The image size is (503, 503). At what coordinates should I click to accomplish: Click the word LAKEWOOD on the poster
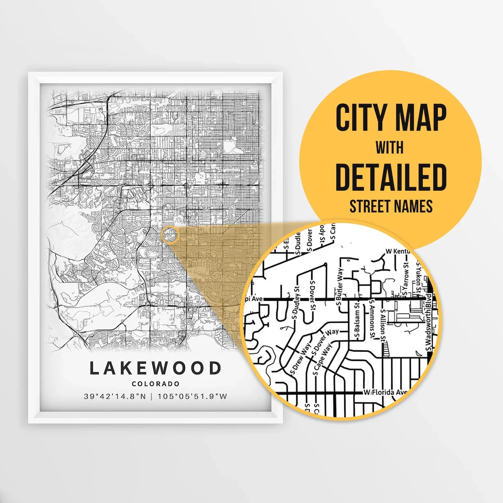pyautogui.click(x=156, y=368)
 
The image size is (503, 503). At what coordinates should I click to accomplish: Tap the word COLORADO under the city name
pyautogui.click(x=156, y=384)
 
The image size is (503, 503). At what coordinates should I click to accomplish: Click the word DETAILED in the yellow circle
pyautogui.click(x=391, y=177)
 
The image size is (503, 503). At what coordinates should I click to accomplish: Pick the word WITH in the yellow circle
pyautogui.click(x=390, y=148)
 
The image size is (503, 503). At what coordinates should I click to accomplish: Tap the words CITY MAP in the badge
pyautogui.click(x=391, y=118)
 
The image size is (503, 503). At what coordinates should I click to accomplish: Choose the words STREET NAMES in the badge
pyautogui.click(x=391, y=206)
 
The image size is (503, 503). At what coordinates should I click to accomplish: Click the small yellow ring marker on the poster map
pyautogui.click(x=170, y=234)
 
